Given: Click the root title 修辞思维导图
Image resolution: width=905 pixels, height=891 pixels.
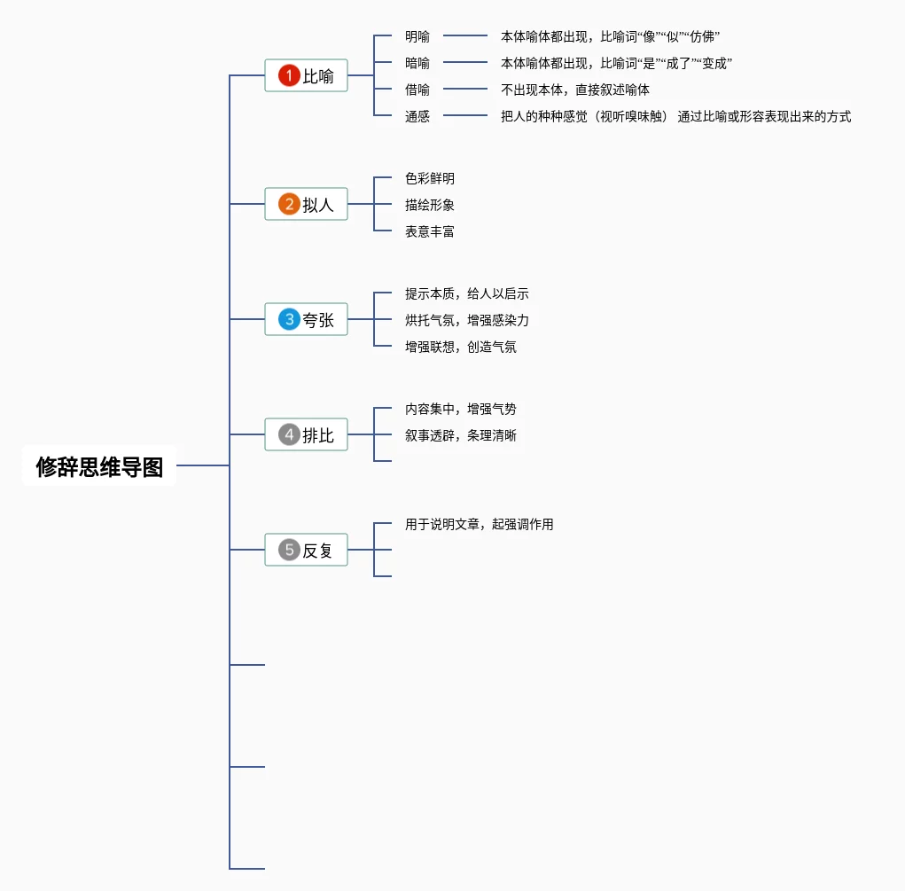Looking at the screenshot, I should (x=99, y=466).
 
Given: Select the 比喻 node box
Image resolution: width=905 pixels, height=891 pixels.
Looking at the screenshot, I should (x=307, y=75).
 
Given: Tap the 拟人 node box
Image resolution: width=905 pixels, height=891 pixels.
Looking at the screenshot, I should (x=307, y=204).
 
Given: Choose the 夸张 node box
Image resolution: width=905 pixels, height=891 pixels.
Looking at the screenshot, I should (x=307, y=319).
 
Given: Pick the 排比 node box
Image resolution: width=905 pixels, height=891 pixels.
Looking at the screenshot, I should (x=307, y=434).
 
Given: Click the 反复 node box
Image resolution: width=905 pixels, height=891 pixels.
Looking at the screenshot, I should (x=307, y=550).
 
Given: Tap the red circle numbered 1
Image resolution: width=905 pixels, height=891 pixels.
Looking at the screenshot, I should (x=289, y=75).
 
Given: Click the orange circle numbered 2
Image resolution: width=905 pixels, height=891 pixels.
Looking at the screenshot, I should (x=289, y=204).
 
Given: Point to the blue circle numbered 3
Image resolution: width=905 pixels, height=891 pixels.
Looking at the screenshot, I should (x=289, y=319).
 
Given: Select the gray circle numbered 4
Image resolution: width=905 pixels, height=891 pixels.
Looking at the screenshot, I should (x=289, y=434).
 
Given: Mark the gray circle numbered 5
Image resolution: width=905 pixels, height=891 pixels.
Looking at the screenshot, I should (x=289, y=550).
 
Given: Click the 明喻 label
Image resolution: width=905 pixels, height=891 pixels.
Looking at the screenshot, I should (x=417, y=36).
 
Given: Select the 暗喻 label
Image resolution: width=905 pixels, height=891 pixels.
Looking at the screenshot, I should (x=417, y=63).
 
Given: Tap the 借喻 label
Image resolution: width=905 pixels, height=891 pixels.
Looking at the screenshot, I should (x=417, y=90).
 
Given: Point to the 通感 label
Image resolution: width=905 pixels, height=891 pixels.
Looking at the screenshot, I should (x=417, y=116).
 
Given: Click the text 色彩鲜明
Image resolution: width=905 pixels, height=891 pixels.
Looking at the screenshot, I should (x=430, y=178).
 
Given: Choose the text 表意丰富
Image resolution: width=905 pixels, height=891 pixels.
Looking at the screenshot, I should (x=430, y=231).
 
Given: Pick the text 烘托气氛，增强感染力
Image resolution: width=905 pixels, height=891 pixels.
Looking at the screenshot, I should (x=467, y=320).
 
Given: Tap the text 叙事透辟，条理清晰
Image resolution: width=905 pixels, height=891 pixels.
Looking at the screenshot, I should (x=461, y=435).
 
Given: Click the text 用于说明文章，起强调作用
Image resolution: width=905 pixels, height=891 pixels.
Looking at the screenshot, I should (x=480, y=524).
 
